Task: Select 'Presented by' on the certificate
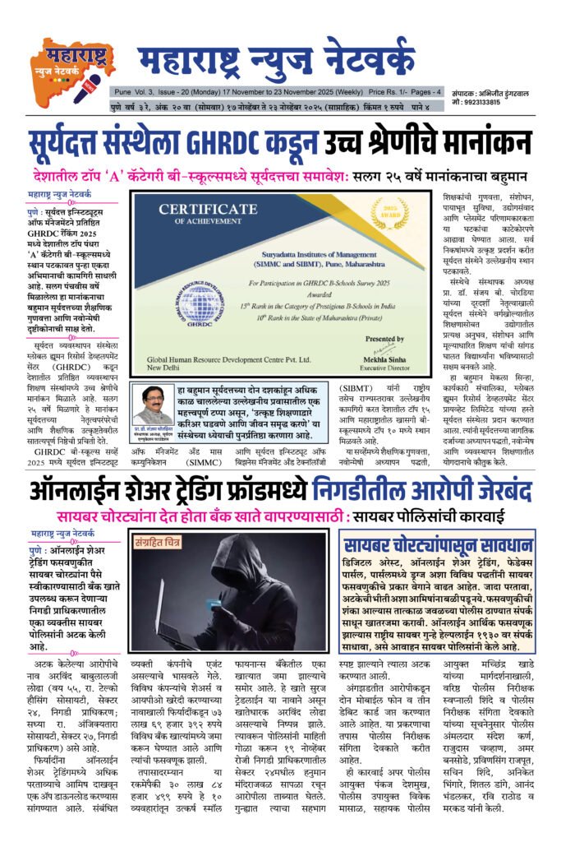tap(382, 337)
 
